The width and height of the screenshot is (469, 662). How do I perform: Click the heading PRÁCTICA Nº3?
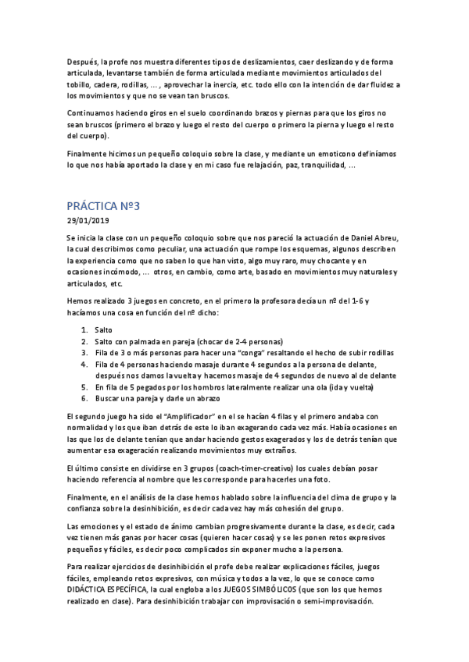103,207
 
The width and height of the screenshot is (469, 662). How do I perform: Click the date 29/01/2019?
88,222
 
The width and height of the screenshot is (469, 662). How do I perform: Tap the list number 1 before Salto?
84,330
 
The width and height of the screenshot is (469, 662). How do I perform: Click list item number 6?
84,398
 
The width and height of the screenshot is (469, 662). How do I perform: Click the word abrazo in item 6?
188,398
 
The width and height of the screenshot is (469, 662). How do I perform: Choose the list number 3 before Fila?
84,353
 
